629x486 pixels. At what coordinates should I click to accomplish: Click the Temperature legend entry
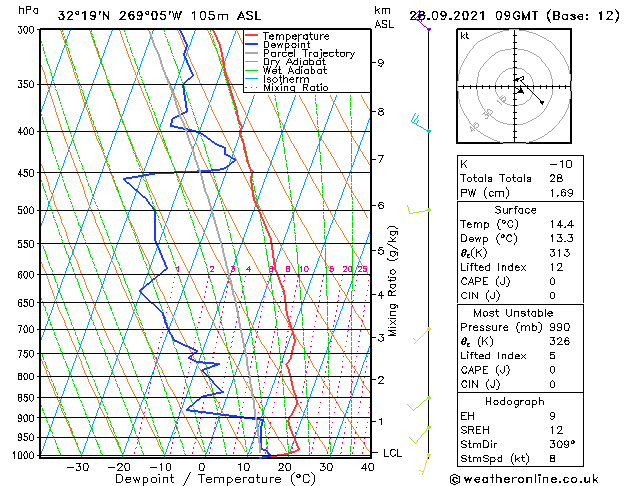(x=295, y=36)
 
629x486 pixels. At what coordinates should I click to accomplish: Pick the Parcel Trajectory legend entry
(x=308, y=54)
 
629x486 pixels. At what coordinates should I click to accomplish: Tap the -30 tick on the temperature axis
(x=77, y=466)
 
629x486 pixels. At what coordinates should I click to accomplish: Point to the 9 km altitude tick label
(x=381, y=63)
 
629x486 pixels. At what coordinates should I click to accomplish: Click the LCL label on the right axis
(x=394, y=453)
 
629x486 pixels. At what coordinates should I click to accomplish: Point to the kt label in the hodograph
(x=465, y=36)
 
